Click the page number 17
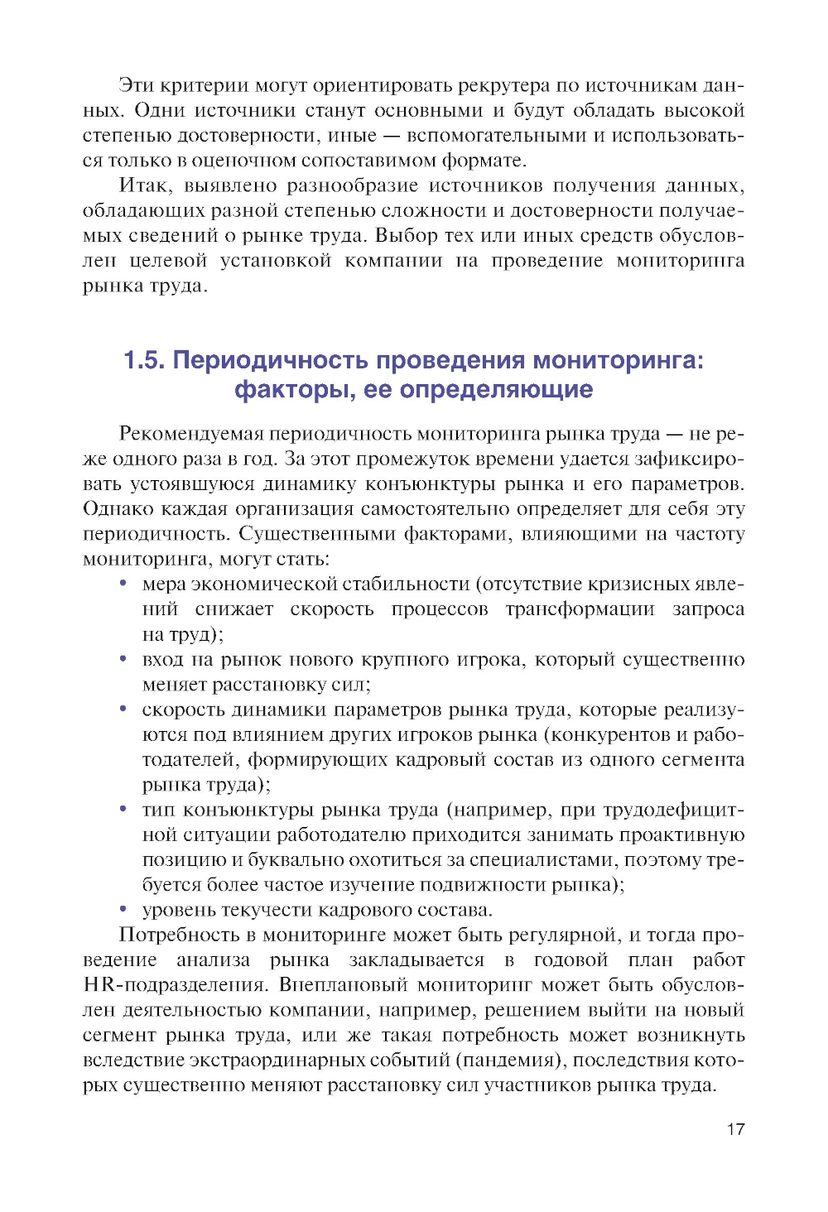tap(735, 1129)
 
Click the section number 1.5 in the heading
tap(144, 361)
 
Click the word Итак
tap(144, 185)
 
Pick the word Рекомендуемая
tap(191, 434)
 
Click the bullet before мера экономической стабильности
tap(123, 584)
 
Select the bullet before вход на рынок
tap(123, 659)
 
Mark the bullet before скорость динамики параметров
tap(123, 709)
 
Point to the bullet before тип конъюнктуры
tap(123, 810)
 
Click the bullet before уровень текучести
tap(123, 910)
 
